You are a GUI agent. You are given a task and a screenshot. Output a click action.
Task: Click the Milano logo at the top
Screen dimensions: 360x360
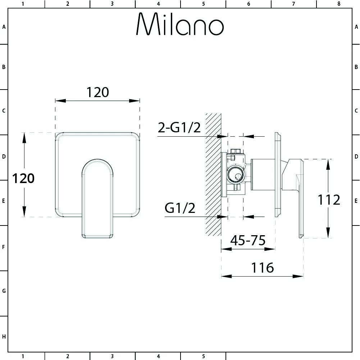click(180, 24)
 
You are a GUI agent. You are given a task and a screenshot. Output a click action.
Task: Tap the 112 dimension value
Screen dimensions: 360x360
click(329, 200)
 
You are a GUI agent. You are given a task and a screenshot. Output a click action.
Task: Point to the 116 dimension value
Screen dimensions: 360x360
click(263, 268)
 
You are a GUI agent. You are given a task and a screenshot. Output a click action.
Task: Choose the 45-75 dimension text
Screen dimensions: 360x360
click(248, 240)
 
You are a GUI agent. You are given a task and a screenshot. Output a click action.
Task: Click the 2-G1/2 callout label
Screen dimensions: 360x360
click(179, 128)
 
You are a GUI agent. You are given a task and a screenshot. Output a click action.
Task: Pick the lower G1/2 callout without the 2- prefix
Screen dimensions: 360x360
click(180, 208)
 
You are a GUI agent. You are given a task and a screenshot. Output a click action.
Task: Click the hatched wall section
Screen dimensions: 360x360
click(213, 174)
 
